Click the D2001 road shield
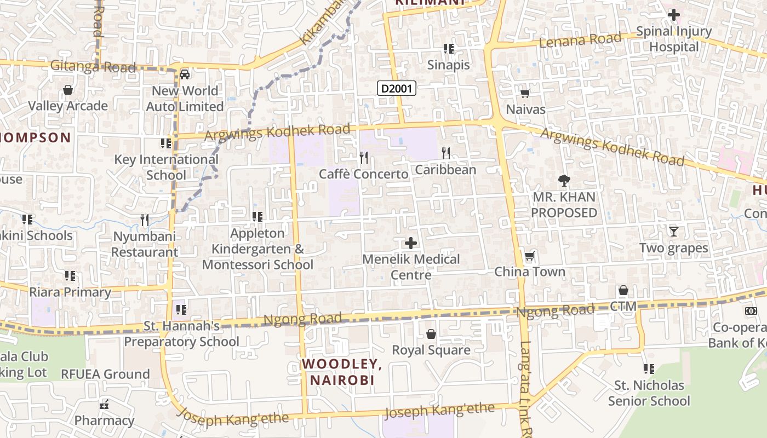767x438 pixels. (x=397, y=88)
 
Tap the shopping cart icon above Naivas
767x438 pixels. (x=525, y=94)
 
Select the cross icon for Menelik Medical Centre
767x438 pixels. (x=411, y=243)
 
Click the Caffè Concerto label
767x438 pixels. (x=364, y=174)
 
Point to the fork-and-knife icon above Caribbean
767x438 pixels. (x=446, y=153)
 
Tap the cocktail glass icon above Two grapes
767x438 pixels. (x=674, y=232)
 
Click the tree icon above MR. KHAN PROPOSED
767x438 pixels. (x=564, y=181)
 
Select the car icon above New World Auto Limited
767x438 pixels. (x=185, y=74)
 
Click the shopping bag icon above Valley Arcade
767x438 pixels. (x=68, y=90)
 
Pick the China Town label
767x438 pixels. (x=530, y=272)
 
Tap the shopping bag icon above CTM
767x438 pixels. (x=623, y=290)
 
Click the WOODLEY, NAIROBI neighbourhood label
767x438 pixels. (x=342, y=372)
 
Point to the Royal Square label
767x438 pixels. (x=431, y=350)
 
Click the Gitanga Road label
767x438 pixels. (x=93, y=67)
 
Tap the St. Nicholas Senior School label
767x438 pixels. (x=649, y=393)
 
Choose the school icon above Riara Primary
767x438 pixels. (x=70, y=276)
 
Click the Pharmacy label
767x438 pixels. (x=104, y=420)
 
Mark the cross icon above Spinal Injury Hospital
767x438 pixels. (x=674, y=15)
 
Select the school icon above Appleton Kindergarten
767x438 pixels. (x=257, y=217)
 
